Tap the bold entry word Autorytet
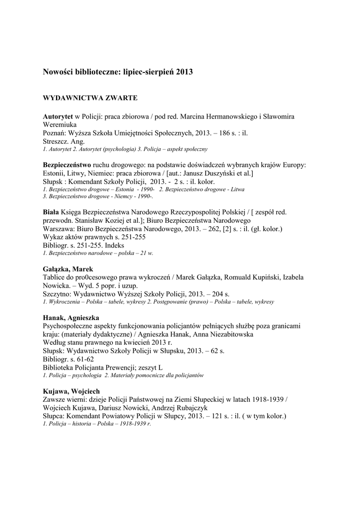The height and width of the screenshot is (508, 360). click(x=58, y=116)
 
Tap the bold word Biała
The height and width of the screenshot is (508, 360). click(x=51, y=212)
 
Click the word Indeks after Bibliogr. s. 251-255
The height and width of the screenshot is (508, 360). click(x=115, y=245)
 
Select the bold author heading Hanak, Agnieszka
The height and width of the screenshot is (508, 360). click(x=71, y=317)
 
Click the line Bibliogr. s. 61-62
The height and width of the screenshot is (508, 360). click(x=68, y=359)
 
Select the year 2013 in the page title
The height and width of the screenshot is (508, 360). click(x=184, y=72)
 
